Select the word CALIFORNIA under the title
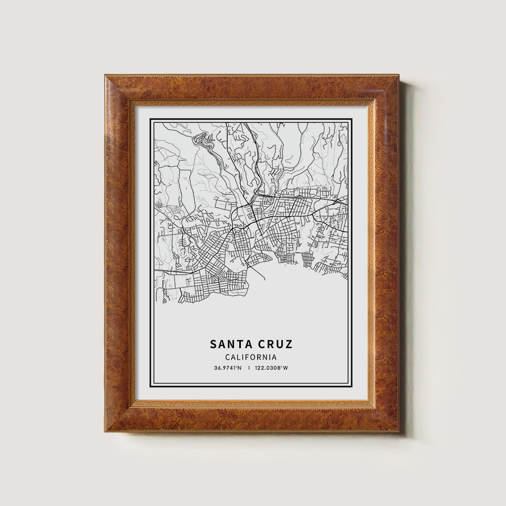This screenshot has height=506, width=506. (x=251, y=357)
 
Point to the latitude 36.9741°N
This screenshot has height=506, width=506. (x=228, y=368)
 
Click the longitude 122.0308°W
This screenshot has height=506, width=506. (x=271, y=368)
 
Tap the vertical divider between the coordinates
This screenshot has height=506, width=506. (x=248, y=368)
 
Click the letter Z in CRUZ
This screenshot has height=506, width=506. (x=288, y=345)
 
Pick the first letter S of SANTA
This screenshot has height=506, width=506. (x=214, y=345)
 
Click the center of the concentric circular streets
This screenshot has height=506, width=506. (x=219, y=276)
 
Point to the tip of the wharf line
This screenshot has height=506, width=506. (x=264, y=279)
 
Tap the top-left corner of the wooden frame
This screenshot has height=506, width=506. (x=105, y=75)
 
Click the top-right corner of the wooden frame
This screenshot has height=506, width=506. (x=399, y=75)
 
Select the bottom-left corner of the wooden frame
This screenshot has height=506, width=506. (x=105, y=432)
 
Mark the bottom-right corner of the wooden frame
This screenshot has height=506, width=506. (x=399, y=432)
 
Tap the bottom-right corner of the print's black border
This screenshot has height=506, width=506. (x=352, y=387)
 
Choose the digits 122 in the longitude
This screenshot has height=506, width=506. (x=259, y=368)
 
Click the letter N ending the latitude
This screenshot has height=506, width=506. (x=240, y=368)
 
